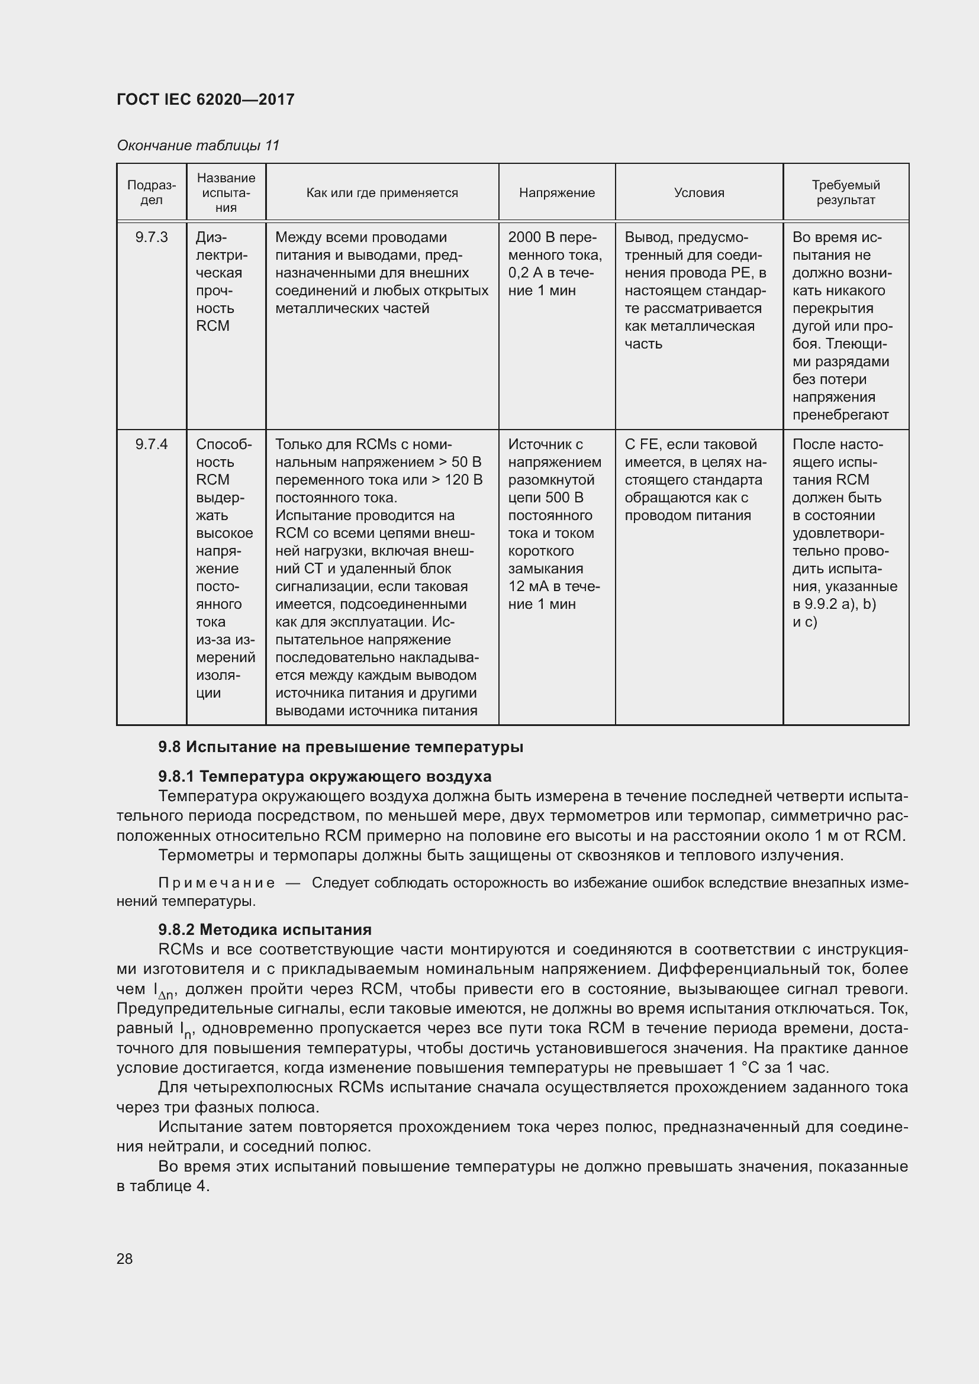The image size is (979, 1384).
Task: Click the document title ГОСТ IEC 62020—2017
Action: tap(205, 99)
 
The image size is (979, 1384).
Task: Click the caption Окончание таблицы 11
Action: tap(198, 146)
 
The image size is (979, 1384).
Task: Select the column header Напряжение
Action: tap(556, 193)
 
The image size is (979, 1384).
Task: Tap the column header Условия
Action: tap(698, 193)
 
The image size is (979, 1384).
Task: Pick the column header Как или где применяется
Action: tap(382, 193)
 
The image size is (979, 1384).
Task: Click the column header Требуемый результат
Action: tap(845, 192)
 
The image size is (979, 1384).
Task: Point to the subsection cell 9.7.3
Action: tap(152, 237)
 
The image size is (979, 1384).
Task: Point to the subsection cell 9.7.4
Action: tap(152, 445)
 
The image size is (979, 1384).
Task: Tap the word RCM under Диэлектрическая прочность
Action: tap(212, 326)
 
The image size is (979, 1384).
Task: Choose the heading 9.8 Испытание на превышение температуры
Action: tap(340, 747)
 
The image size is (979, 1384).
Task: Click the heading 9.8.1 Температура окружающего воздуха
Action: tap(324, 776)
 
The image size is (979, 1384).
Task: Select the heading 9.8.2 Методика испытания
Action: tap(265, 930)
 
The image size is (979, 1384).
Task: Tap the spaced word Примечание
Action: tap(217, 883)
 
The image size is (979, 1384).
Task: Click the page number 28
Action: tap(125, 1259)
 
